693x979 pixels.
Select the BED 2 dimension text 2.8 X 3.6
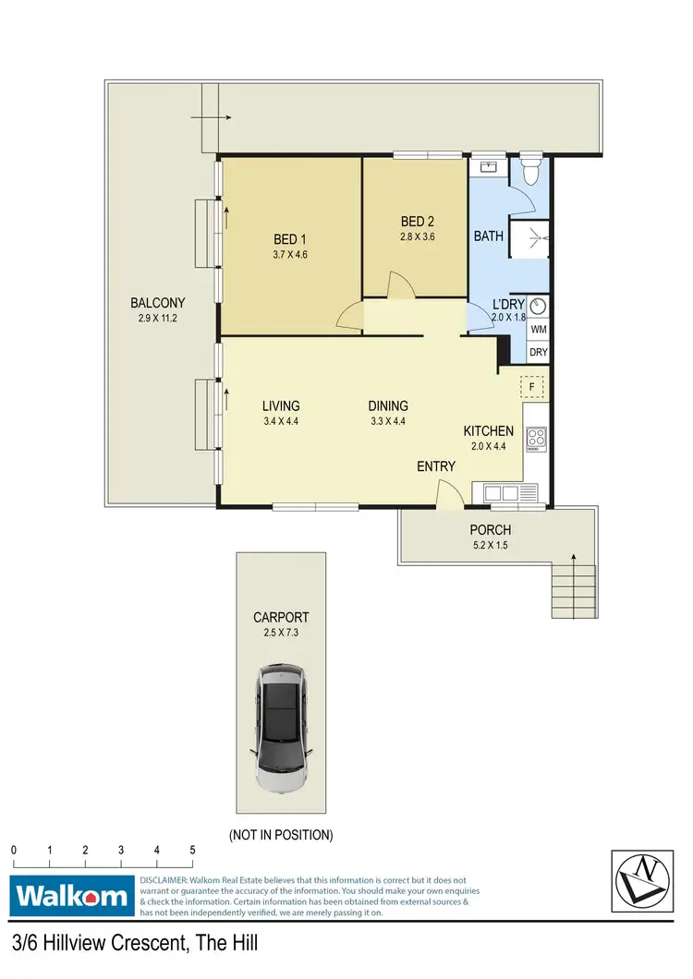coord(417,236)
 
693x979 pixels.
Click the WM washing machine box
coord(539,329)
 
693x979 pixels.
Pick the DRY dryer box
coord(539,353)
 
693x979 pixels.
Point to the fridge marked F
coord(533,386)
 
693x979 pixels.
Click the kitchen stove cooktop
coord(536,437)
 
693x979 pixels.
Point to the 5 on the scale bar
coord(192,850)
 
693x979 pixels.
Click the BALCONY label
coord(158,303)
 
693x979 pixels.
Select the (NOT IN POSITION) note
coord(280,835)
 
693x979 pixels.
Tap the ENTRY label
coord(436,466)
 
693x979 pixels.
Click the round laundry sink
coord(539,306)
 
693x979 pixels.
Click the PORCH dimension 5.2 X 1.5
coord(490,545)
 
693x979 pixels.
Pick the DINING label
coord(388,405)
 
